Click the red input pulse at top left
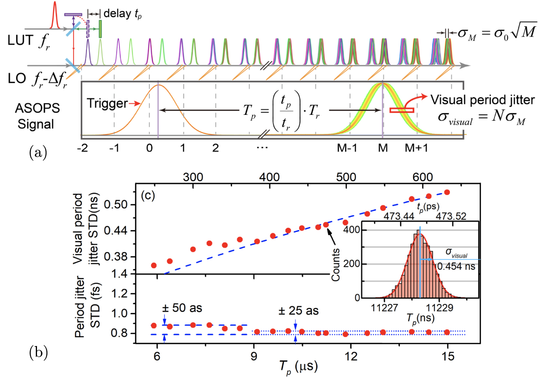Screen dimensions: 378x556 (55, 16)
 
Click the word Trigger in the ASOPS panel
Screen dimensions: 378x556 (107, 103)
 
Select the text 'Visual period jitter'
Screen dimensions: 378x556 (482, 100)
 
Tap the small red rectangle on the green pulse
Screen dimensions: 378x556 (401, 110)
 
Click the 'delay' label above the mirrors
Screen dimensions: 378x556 (117, 14)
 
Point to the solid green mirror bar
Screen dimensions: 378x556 (100, 29)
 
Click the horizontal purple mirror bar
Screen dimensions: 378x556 (73, 14)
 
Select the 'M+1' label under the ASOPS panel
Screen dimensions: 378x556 (416, 148)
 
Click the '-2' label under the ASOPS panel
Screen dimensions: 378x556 (82, 148)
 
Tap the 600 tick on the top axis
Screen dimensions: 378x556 (422, 177)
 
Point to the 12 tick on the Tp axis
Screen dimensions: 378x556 (351, 356)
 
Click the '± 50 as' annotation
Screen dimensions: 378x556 (182, 308)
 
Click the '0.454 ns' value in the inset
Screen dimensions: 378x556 (456, 267)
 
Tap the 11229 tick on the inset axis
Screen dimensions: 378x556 (439, 308)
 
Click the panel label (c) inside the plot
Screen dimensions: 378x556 (148, 195)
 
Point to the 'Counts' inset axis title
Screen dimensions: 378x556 (335, 265)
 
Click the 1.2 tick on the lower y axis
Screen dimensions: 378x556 (120, 293)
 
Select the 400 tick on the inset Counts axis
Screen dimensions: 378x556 (352, 230)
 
